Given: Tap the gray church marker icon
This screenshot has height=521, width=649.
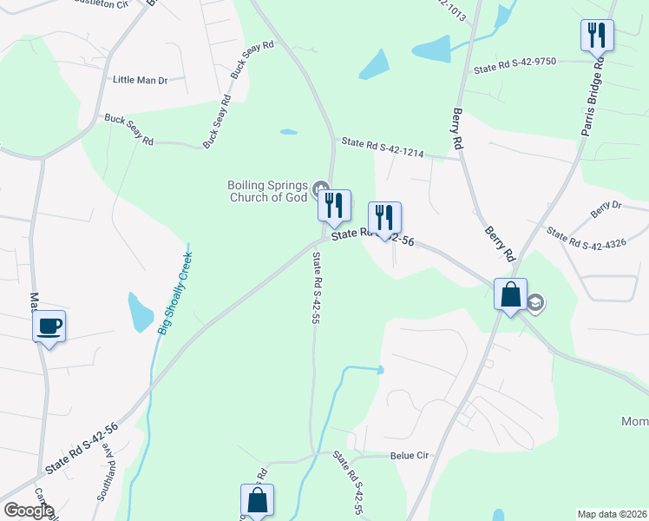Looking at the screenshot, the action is click(x=321, y=188).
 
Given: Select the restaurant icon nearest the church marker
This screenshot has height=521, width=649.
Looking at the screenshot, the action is click(x=334, y=207).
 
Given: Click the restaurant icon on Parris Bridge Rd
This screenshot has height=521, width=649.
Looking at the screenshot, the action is click(x=597, y=36).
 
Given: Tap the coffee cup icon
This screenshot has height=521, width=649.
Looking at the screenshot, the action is click(x=49, y=327).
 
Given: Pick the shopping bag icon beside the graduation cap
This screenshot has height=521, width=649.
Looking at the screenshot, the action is click(x=511, y=295).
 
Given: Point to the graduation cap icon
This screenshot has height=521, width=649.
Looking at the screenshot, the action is click(x=535, y=302).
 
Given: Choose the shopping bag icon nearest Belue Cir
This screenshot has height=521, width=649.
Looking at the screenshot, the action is click(x=257, y=501).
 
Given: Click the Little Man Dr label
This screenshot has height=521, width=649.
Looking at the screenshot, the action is click(x=140, y=80).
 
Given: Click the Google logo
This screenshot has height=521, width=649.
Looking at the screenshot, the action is click(x=29, y=511).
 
